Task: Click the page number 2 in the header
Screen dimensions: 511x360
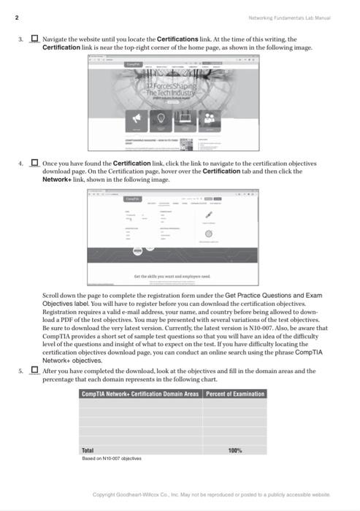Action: (16, 17)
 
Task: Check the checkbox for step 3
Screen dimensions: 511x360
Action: (34, 39)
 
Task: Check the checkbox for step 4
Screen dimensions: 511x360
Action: (34, 163)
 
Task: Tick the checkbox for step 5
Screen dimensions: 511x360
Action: (34, 371)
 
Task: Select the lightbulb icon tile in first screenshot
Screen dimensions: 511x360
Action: (160, 118)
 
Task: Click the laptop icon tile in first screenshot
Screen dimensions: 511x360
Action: (185, 118)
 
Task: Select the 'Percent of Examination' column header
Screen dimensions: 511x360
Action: (235, 394)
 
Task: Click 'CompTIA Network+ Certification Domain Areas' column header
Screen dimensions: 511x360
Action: (140, 394)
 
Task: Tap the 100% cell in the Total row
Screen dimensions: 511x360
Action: (235, 450)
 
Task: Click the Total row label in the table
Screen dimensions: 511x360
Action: (88, 450)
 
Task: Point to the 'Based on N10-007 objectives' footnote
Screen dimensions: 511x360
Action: (112, 458)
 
